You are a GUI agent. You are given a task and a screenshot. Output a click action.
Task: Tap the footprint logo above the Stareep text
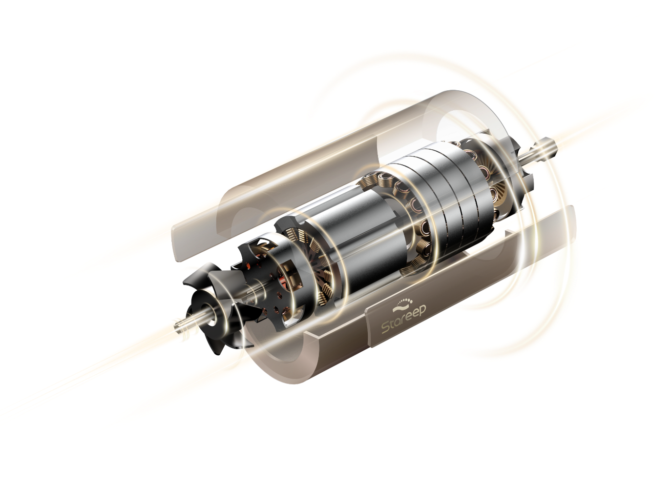point(402,303)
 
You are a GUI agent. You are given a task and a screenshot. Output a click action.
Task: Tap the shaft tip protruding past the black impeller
point(182,326)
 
